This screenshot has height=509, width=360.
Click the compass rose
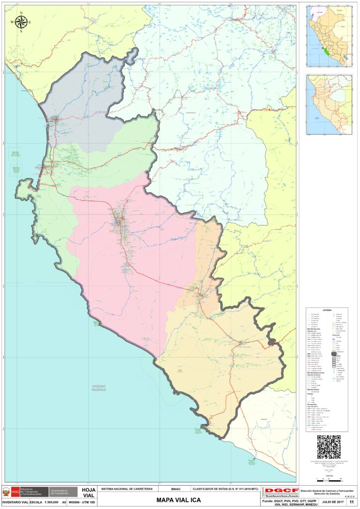22,22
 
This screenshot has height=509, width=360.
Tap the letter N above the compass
22,13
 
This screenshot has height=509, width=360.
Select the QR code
329,447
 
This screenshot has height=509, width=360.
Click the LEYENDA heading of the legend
327,310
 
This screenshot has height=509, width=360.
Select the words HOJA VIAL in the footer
89,493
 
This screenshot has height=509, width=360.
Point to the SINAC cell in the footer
176,489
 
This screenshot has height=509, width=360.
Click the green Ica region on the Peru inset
325,51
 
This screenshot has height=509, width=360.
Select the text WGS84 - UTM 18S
82,503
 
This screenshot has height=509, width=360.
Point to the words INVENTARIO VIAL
14,503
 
